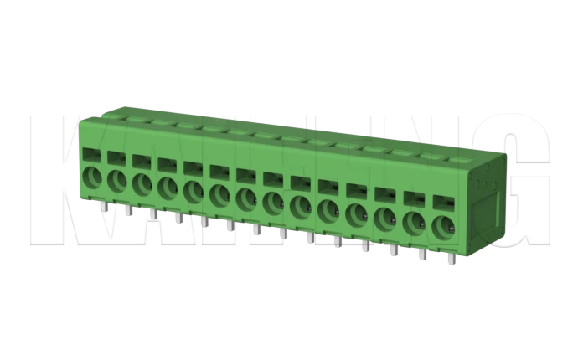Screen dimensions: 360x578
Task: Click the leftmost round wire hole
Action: [x=90, y=177]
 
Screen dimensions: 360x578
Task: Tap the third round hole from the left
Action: [x=142, y=184]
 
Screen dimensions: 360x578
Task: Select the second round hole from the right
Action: [x=414, y=222]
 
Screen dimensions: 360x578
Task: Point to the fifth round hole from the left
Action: [x=194, y=192]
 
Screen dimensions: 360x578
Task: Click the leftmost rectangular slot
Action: [x=90, y=155]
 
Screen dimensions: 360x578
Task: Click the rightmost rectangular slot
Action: [x=441, y=203]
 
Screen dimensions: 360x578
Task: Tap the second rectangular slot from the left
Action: [x=116, y=158]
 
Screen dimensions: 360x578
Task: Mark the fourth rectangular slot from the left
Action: [x=167, y=165]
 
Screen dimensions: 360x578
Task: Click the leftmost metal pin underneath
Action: [x=101, y=206]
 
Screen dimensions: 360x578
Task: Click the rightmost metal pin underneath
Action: [x=451, y=258]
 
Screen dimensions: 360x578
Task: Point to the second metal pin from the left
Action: [x=126, y=210]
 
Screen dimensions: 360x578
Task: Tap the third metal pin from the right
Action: [x=393, y=250]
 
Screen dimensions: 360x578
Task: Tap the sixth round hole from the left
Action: [x=219, y=195]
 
